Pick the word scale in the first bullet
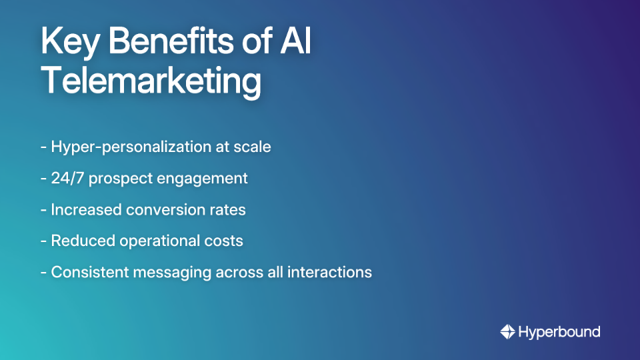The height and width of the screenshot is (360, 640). pos(253,147)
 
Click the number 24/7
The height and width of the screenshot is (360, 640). pos(68,179)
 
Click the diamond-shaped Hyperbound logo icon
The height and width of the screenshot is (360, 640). pos(507,331)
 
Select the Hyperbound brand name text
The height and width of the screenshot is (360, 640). pos(559,331)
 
